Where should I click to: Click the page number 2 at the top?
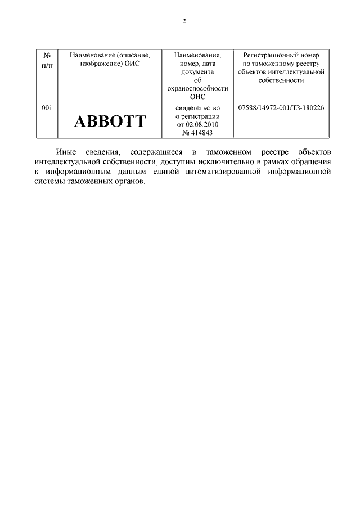(x=184, y=21)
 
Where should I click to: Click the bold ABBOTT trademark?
(x=110, y=120)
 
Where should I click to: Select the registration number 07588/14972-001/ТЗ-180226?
(x=281, y=107)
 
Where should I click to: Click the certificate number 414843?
(x=200, y=132)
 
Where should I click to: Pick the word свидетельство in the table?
(x=197, y=107)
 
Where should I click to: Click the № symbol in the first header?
(x=48, y=56)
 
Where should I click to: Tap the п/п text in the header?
(x=48, y=64)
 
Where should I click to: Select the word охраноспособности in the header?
(x=197, y=88)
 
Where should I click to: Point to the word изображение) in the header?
(x=93, y=64)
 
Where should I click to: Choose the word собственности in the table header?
(x=281, y=80)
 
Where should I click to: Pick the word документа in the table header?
(x=197, y=72)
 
